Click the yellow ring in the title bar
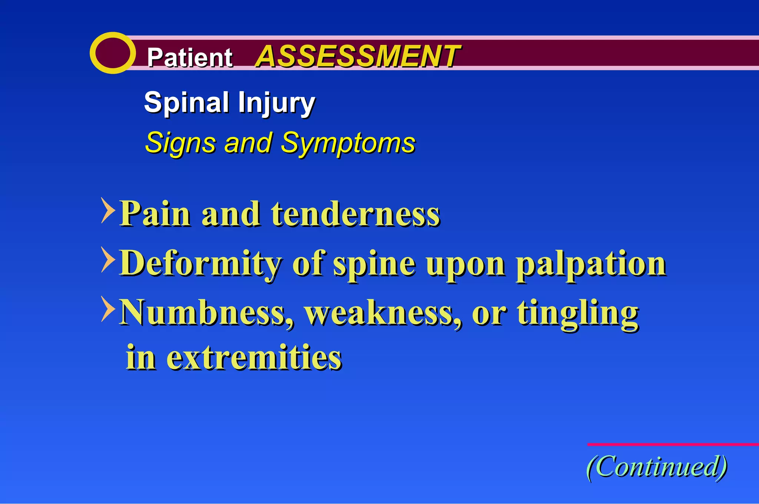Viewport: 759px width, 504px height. point(113,53)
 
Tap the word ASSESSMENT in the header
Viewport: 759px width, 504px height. point(358,56)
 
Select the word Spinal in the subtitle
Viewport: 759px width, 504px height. point(186,103)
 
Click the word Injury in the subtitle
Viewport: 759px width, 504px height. point(276,103)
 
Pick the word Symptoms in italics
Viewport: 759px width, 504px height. point(348,143)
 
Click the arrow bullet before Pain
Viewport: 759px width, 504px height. point(107,210)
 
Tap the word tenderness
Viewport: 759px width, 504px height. point(355,214)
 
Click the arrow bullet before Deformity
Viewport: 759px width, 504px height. point(107,260)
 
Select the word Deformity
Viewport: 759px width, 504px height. point(200,263)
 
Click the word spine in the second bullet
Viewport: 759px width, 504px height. point(374,264)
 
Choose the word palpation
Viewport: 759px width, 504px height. point(591,264)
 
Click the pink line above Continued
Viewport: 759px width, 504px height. point(673,444)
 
